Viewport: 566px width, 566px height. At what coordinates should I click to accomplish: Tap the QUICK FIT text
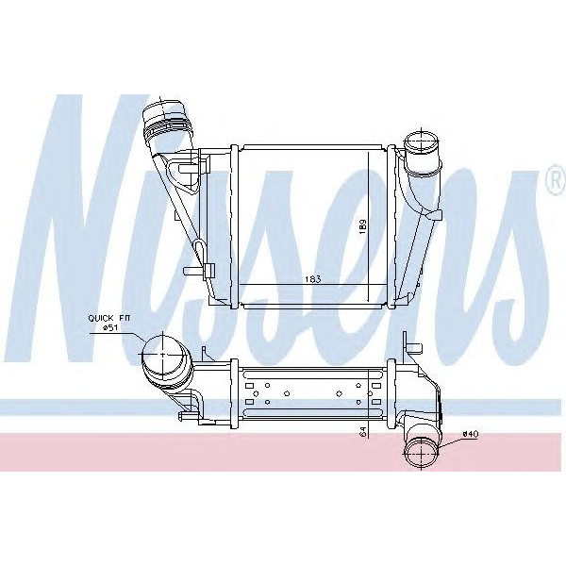108,318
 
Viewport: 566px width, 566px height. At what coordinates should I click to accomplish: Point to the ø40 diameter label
471,434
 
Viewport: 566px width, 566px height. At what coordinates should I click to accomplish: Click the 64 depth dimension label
362,432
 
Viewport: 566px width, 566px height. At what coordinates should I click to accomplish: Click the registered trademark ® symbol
552,178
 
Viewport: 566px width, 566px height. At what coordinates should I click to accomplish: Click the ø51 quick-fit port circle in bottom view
162,357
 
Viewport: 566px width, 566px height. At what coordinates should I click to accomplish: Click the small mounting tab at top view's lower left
191,273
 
